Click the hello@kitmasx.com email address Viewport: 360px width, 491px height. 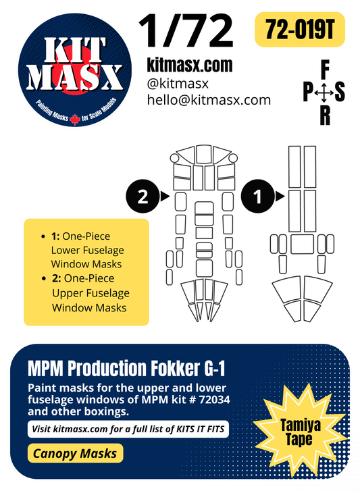[x=208, y=100]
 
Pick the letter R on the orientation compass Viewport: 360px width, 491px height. [x=325, y=117]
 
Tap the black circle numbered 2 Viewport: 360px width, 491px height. [x=143, y=197]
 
